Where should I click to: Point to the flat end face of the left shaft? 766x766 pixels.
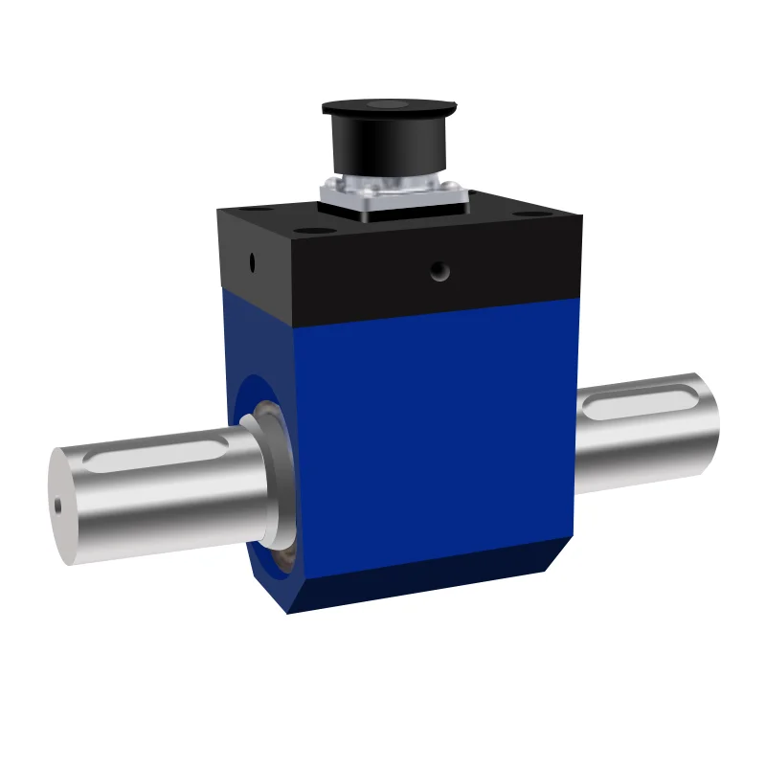point(63,506)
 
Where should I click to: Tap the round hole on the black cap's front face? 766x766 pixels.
point(439,272)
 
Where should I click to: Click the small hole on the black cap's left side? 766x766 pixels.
point(252,259)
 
